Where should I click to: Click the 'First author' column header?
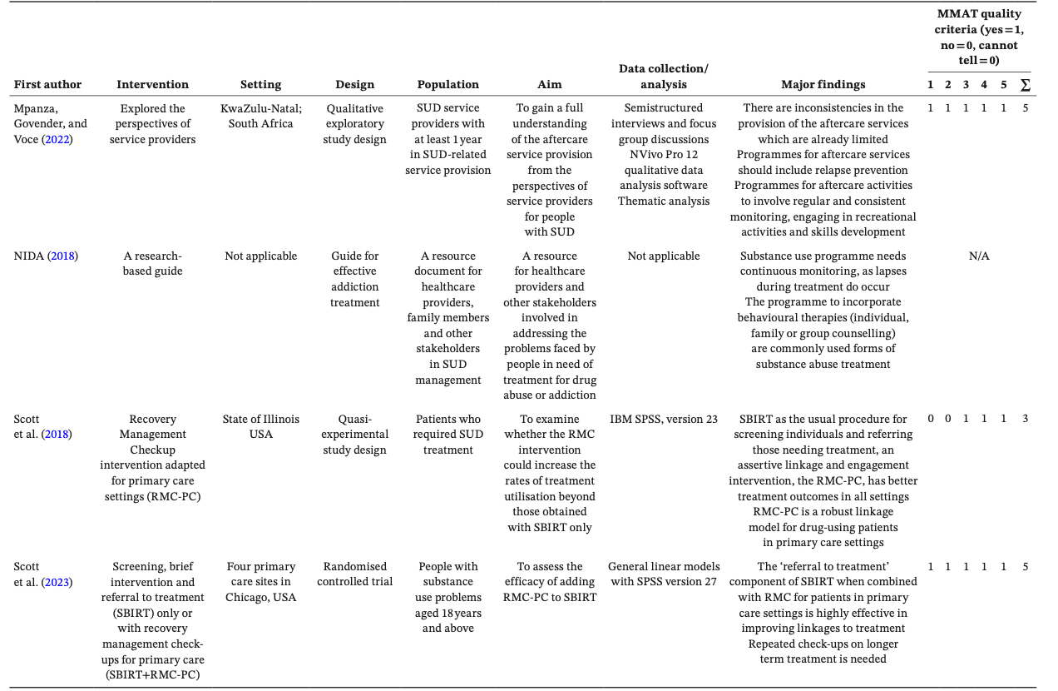pos(47,84)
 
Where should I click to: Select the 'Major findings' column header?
pos(823,84)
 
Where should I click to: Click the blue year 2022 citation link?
pos(58,139)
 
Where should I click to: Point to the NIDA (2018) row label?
pos(45,256)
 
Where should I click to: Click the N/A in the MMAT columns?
pos(979,256)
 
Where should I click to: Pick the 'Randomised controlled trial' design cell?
pos(354,574)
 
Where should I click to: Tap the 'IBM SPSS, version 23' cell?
pos(663,420)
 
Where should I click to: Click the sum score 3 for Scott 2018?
pos(1025,418)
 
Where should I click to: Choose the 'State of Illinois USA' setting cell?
pos(260,426)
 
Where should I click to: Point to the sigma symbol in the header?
pos(1025,85)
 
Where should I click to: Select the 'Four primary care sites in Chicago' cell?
pos(260,581)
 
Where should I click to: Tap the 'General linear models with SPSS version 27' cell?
pos(663,574)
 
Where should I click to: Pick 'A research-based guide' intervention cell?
pos(152,263)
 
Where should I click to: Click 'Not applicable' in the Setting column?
pos(260,256)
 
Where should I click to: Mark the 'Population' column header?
pos(447,84)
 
